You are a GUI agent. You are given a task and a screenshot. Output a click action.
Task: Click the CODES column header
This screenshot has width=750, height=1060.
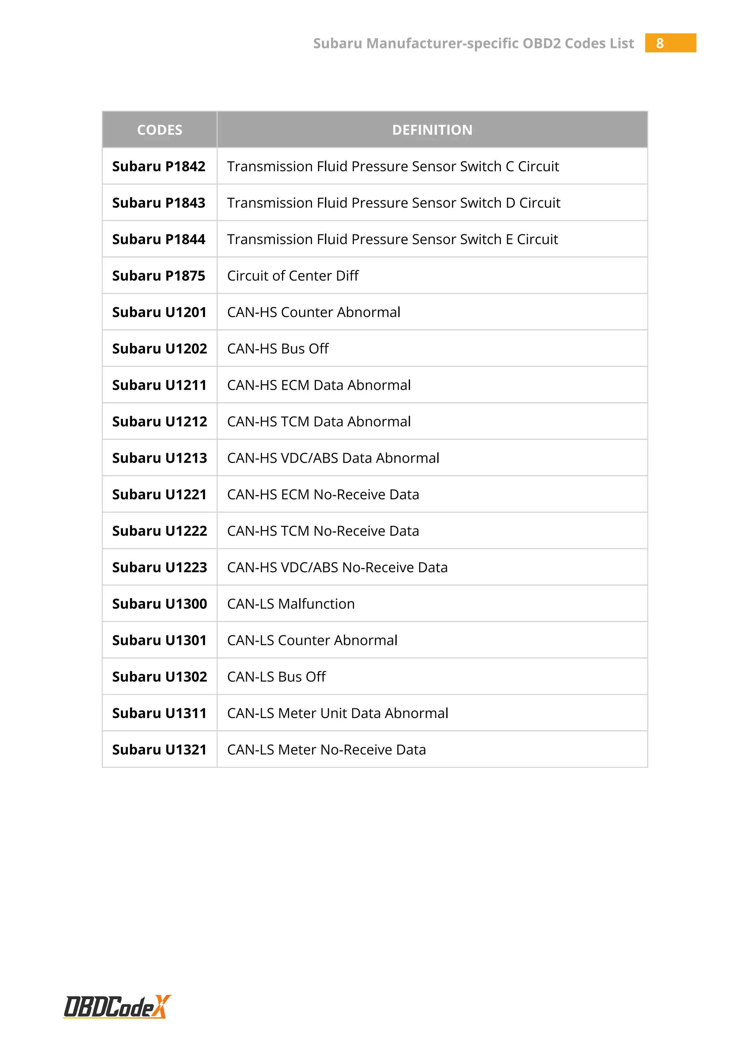coord(159,130)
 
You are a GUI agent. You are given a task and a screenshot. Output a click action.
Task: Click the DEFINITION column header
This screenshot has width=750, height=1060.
coord(432,130)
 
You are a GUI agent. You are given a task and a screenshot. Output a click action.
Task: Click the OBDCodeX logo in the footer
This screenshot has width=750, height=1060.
coord(117,1007)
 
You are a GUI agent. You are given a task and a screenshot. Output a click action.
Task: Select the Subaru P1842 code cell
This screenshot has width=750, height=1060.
coord(159,166)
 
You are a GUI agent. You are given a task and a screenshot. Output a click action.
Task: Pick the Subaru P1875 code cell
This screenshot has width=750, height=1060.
coord(159,276)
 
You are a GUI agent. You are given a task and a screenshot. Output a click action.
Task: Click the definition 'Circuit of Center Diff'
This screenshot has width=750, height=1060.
coord(293,276)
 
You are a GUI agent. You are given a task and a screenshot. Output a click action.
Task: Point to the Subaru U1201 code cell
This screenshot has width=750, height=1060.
coord(159,312)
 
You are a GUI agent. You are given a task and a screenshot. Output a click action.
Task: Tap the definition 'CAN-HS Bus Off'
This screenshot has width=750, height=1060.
coord(278,348)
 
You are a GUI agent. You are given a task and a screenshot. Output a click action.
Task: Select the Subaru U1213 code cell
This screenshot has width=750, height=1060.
coord(159,458)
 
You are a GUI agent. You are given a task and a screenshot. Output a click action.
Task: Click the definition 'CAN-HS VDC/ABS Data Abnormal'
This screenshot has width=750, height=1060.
coord(333,458)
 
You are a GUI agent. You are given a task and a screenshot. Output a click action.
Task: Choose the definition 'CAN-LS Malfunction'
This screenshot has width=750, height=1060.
coord(291,604)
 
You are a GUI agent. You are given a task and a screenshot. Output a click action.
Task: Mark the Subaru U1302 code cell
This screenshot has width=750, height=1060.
coord(159,677)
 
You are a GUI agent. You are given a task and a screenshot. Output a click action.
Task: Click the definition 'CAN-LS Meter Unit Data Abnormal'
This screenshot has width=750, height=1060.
coord(338,713)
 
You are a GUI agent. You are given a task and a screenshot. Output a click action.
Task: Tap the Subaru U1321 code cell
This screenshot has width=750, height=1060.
coord(159,750)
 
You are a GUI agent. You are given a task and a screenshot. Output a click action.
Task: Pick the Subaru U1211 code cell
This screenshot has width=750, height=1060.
coord(159,385)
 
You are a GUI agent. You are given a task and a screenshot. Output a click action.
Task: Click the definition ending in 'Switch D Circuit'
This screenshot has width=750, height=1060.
coord(393,203)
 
